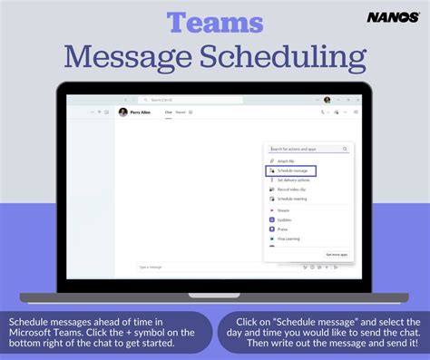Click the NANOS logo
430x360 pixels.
[393, 17]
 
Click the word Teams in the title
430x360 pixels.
[214, 22]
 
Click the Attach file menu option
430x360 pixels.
[288, 161]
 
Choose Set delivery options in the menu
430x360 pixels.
[293, 180]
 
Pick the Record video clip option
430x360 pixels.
[292, 189]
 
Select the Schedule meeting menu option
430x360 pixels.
[292, 198]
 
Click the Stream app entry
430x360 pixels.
[283, 209]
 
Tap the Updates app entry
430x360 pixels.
[285, 219]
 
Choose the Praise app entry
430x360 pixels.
[283, 229]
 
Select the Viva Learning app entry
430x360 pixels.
[288, 239]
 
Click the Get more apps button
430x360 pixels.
[337, 255]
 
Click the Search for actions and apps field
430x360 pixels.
[308, 148]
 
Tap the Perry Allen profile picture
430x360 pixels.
[123, 112]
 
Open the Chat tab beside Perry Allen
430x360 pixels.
[168, 112]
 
